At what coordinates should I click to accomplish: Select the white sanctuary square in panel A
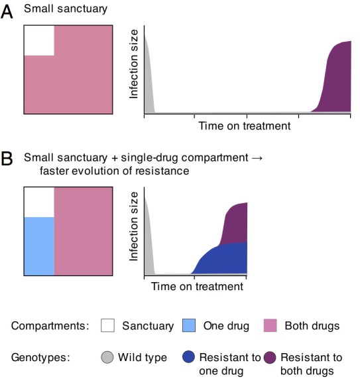pyautogui.click(x=38, y=40)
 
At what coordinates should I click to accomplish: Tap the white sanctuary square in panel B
pyautogui.click(x=38, y=201)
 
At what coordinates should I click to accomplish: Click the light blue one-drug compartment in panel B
pyautogui.click(x=38, y=246)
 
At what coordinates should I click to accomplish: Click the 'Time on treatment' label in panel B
pyautogui.click(x=197, y=287)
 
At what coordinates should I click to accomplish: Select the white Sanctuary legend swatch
pyautogui.click(x=108, y=325)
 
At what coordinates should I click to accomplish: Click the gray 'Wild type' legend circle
pyautogui.click(x=108, y=357)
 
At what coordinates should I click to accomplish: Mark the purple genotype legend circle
pyautogui.click(x=272, y=357)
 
